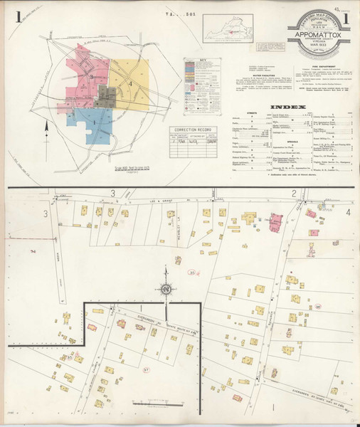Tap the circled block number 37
click(x=146, y=369)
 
